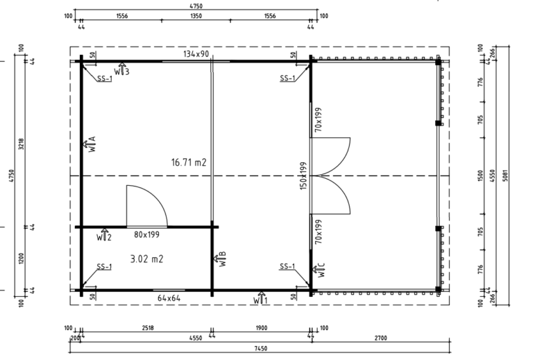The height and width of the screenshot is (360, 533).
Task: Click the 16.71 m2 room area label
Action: tap(189, 162)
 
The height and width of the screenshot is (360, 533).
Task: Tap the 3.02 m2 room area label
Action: tap(147, 259)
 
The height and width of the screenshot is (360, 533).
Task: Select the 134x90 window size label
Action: tap(196, 53)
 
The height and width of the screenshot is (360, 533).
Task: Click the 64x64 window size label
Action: tap(169, 298)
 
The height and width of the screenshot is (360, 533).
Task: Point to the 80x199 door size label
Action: tap(146, 234)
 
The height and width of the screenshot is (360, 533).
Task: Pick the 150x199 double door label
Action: tap(303, 175)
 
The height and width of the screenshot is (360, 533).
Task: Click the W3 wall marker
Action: tap(121, 69)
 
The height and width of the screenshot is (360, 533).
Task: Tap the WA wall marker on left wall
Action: tap(90, 144)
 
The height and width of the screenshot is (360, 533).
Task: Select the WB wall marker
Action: tap(220, 259)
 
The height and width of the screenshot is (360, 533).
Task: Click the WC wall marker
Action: tap(319, 270)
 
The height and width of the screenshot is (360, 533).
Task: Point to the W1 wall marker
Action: tap(260, 298)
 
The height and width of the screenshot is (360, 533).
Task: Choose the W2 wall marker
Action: tap(103, 234)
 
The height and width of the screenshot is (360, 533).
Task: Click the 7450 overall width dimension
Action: tap(261, 348)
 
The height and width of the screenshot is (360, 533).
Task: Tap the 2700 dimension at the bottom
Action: tap(381, 338)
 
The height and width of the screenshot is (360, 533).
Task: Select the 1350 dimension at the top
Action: tap(196, 16)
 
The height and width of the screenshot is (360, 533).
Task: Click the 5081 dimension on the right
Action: tap(505, 175)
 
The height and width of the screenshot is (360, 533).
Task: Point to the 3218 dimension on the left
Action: tap(22, 144)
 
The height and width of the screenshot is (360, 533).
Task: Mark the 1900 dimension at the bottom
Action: tap(261, 328)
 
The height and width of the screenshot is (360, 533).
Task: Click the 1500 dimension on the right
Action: tap(480, 175)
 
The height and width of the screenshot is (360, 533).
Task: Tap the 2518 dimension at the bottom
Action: tap(148, 328)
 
